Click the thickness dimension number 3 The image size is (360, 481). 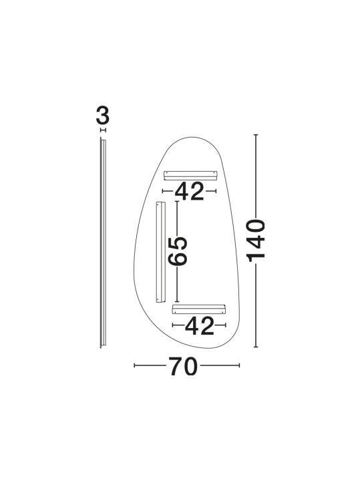pos(102,116)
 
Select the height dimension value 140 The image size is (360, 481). pos(256,240)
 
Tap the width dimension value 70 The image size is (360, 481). pos(183,367)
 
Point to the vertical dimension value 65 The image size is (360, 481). pos(178,251)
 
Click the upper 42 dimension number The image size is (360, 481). pos(189,192)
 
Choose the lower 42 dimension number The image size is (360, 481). pos(199,326)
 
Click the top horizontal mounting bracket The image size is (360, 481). pos(190,175)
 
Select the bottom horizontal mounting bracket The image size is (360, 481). pos(199,309)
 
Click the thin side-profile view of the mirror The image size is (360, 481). pos(103,243)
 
